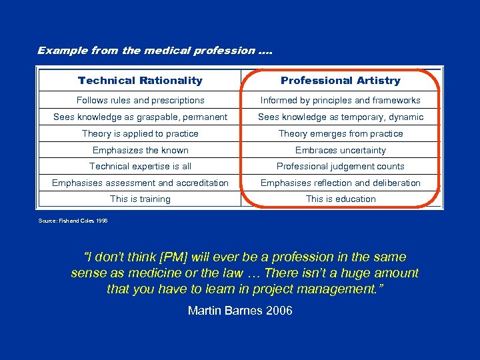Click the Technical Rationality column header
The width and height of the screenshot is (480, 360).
[140, 81]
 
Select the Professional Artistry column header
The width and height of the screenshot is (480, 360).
[341, 81]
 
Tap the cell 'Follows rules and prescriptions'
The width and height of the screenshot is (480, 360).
[140, 101]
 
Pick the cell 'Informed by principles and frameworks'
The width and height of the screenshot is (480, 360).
[341, 101]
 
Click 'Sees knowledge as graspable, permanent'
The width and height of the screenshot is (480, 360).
[140, 117]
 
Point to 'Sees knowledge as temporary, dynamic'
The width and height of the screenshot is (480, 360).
[341, 117]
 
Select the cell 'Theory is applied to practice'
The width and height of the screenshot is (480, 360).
[140, 134]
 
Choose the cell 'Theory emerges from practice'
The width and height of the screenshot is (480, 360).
[341, 134]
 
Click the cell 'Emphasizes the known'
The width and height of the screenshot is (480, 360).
[140, 151]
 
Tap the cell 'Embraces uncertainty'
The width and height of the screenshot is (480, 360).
[341, 151]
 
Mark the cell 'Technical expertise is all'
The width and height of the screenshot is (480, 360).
[140, 167]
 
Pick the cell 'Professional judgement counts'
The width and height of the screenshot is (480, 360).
[341, 167]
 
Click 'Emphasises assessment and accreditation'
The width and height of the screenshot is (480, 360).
[140, 183]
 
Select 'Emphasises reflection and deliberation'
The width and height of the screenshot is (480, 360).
[341, 183]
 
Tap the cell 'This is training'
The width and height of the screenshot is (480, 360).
[140, 199]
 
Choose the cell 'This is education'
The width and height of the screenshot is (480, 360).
[341, 199]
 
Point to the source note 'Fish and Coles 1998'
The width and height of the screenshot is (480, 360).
[73, 220]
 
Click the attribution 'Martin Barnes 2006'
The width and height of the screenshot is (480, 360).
[240, 311]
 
